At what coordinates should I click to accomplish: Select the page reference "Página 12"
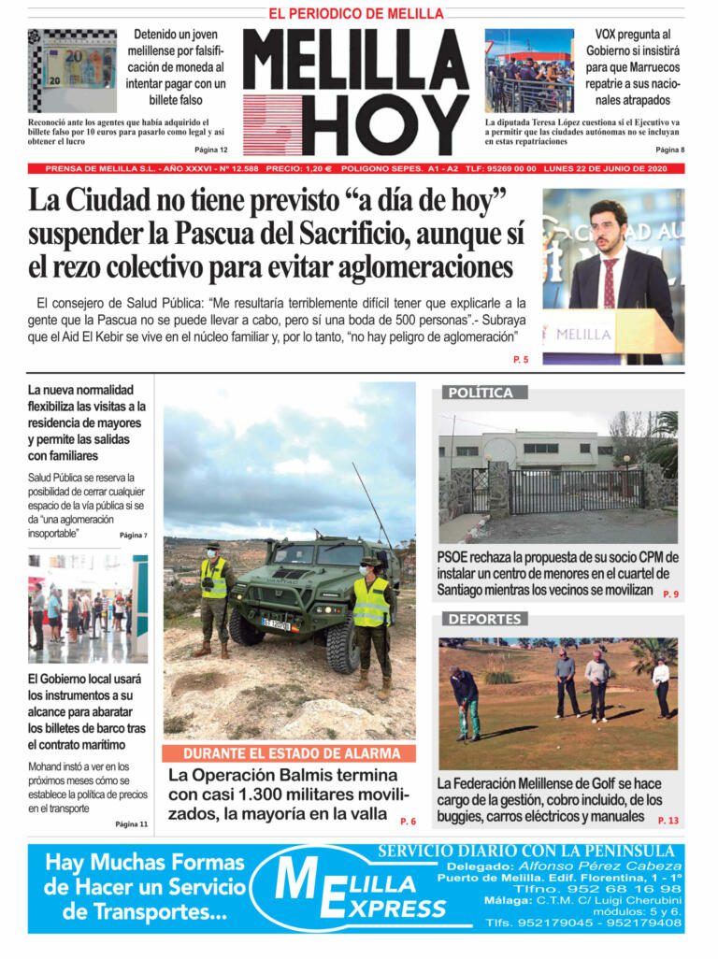(x=210, y=150)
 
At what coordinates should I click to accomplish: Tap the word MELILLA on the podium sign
(x=584, y=334)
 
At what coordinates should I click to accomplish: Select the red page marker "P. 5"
(x=521, y=360)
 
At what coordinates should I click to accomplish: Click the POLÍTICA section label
(x=481, y=393)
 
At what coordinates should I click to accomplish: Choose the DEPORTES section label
(x=483, y=619)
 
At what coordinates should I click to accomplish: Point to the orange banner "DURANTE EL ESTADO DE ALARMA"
(x=292, y=753)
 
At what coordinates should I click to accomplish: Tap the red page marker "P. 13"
(x=668, y=821)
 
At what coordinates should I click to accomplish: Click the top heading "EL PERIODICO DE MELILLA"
(x=356, y=14)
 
